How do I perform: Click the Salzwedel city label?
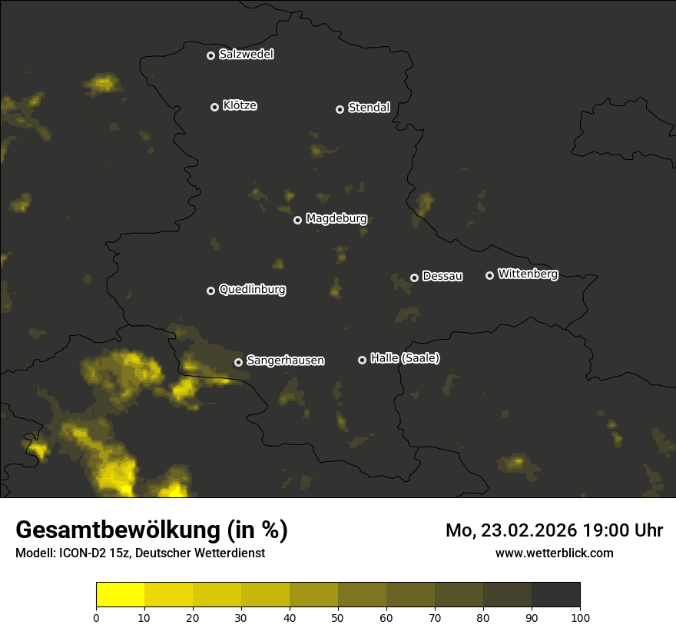[x=246, y=55]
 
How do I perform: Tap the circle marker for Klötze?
[x=214, y=107]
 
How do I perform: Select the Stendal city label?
[x=369, y=108]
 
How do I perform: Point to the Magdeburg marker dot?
[x=297, y=220]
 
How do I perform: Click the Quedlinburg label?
[x=252, y=290]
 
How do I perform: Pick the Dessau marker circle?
[x=414, y=277]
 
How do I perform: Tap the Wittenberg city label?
[x=528, y=274]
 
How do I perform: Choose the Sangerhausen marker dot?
[x=238, y=362]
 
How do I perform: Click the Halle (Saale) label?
[x=405, y=358]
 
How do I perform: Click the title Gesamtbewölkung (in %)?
[x=151, y=530]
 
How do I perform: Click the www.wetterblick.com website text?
[x=554, y=553]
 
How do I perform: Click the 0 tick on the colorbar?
[x=96, y=616]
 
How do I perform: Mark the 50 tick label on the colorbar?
[x=338, y=616]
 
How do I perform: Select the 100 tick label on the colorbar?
[x=580, y=616]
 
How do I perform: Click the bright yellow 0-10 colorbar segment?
[x=120, y=595]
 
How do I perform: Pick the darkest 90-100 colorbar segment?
[x=555, y=595]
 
